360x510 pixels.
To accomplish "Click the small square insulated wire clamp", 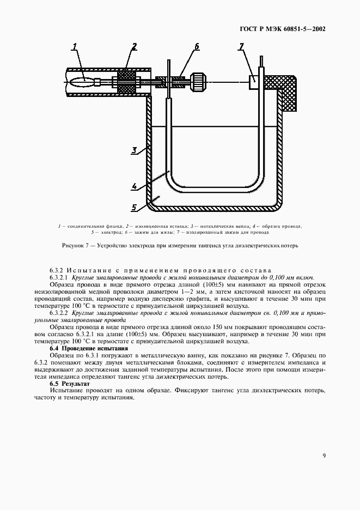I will point(253,82).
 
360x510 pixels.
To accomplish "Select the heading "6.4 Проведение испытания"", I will point(89,348).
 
